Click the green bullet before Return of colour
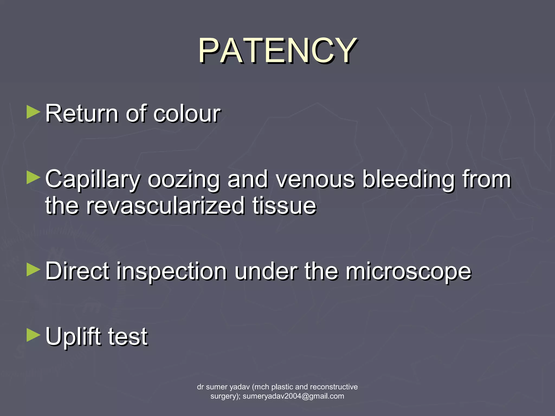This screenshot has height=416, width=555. pyautogui.click(x=33, y=112)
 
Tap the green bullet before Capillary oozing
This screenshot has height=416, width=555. pyautogui.click(x=33, y=178)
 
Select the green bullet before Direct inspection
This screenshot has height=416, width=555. pyautogui.click(x=33, y=270)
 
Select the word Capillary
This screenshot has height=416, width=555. pyautogui.click(x=92, y=180)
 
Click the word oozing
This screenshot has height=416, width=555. pyautogui.click(x=183, y=180)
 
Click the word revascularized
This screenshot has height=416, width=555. pyautogui.click(x=165, y=206)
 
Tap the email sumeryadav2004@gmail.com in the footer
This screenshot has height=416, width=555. pyautogui.click(x=293, y=396)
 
